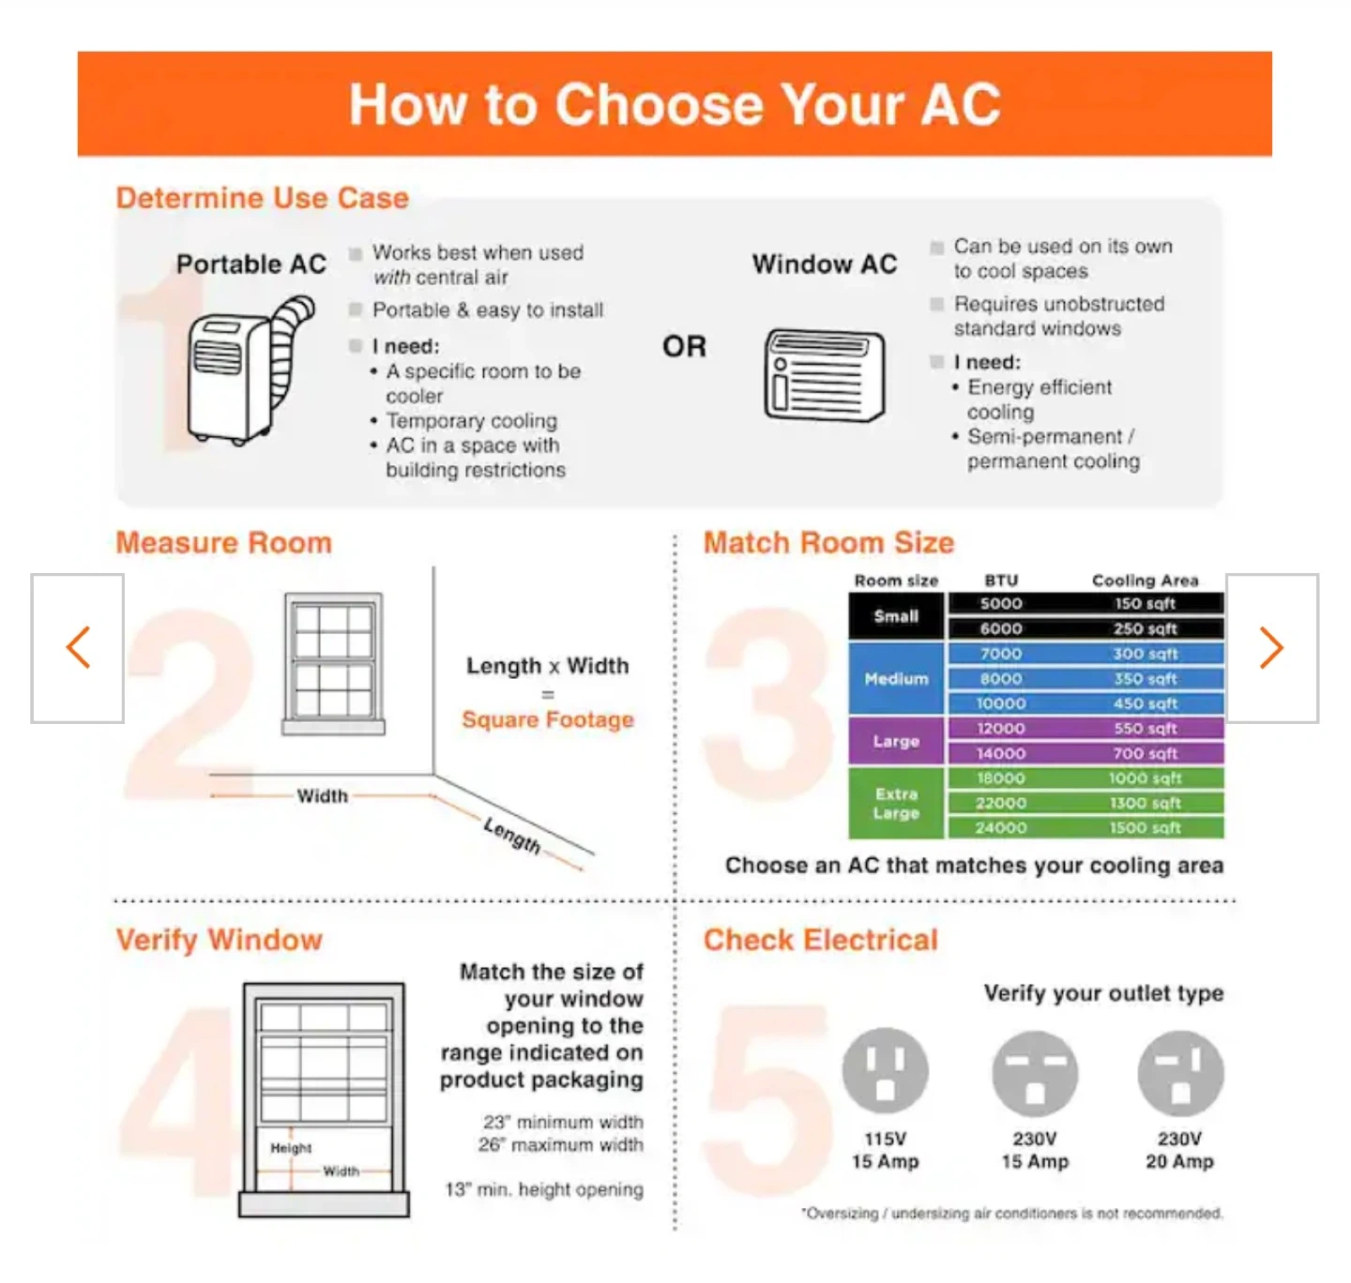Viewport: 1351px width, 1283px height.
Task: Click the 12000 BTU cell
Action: click(x=1000, y=728)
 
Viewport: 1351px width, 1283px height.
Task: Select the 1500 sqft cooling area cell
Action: click(x=1145, y=827)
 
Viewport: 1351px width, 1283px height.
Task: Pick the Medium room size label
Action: click(x=896, y=678)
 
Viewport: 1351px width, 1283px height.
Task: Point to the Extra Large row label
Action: click(x=896, y=803)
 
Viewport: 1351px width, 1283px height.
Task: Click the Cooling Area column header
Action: click(x=1145, y=581)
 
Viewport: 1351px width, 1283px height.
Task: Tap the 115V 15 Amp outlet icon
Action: click(x=885, y=1070)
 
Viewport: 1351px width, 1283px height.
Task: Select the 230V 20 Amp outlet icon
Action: click(x=1180, y=1073)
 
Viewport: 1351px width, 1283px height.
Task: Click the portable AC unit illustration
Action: click(x=249, y=370)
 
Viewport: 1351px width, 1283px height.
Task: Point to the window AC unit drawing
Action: click(x=824, y=374)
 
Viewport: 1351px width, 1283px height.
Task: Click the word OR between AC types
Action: click(x=684, y=346)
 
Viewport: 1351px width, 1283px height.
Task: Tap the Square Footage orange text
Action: click(x=548, y=718)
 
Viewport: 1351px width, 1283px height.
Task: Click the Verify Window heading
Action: click(x=220, y=940)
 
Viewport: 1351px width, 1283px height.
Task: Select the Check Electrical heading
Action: click(x=821, y=940)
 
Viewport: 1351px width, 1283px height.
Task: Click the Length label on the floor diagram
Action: click(x=512, y=835)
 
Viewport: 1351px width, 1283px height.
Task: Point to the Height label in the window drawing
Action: click(x=291, y=1148)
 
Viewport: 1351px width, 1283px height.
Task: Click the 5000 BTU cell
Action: click(x=1000, y=603)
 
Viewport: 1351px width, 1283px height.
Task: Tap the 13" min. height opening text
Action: click(x=544, y=1189)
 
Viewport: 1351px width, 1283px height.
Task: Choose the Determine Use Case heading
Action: click(x=263, y=198)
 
